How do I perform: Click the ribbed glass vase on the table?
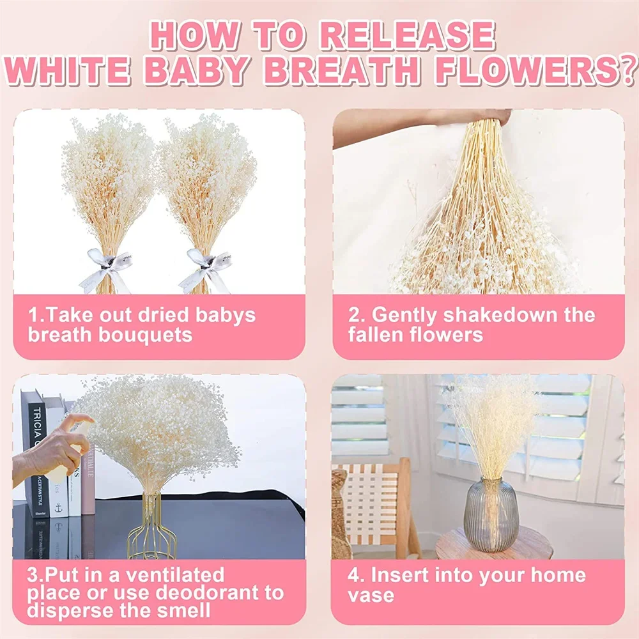(491, 516)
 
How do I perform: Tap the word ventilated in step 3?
(174, 575)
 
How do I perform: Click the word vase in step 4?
(371, 596)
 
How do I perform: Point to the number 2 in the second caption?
(354, 315)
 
